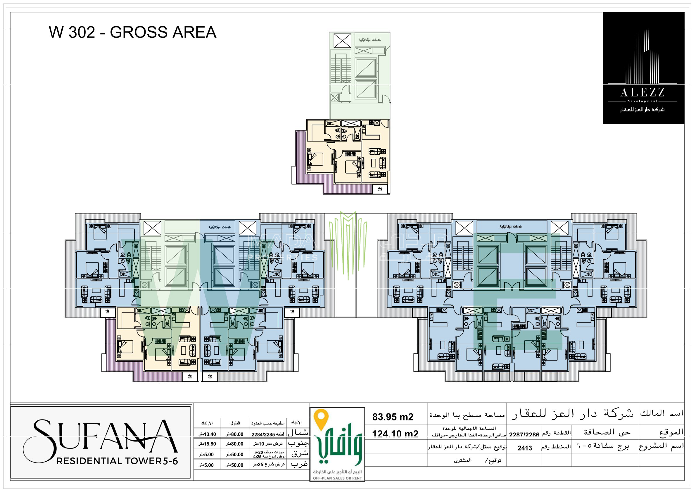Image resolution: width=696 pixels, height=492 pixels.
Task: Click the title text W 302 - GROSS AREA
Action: (132, 32)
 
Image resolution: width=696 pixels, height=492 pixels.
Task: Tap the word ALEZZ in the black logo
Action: (642, 92)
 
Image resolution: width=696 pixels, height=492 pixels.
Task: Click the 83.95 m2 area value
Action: (393, 417)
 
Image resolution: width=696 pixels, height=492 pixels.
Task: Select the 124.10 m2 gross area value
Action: (395, 434)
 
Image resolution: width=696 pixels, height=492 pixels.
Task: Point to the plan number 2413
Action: (525, 448)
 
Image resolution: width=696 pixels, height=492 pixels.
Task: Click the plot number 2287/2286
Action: (524, 435)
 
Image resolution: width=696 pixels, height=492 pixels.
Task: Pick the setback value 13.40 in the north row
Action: (207, 434)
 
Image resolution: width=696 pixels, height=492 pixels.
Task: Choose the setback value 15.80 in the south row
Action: (207, 444)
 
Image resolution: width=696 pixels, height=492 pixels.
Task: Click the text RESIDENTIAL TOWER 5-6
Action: (117, 461)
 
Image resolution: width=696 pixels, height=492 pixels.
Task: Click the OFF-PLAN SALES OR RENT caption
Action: (337, 478)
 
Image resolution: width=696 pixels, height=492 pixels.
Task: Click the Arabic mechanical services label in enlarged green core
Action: (370, 40)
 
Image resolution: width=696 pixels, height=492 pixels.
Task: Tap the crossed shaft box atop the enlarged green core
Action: (342, 41)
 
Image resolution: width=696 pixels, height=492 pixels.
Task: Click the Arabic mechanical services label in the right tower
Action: (511, 227)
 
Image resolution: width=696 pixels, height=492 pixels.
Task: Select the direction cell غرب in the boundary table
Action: (299, 465)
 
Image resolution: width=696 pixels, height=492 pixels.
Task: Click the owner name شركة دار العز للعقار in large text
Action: (573, 413)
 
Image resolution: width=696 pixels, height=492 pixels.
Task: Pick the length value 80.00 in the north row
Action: (235, 434)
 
